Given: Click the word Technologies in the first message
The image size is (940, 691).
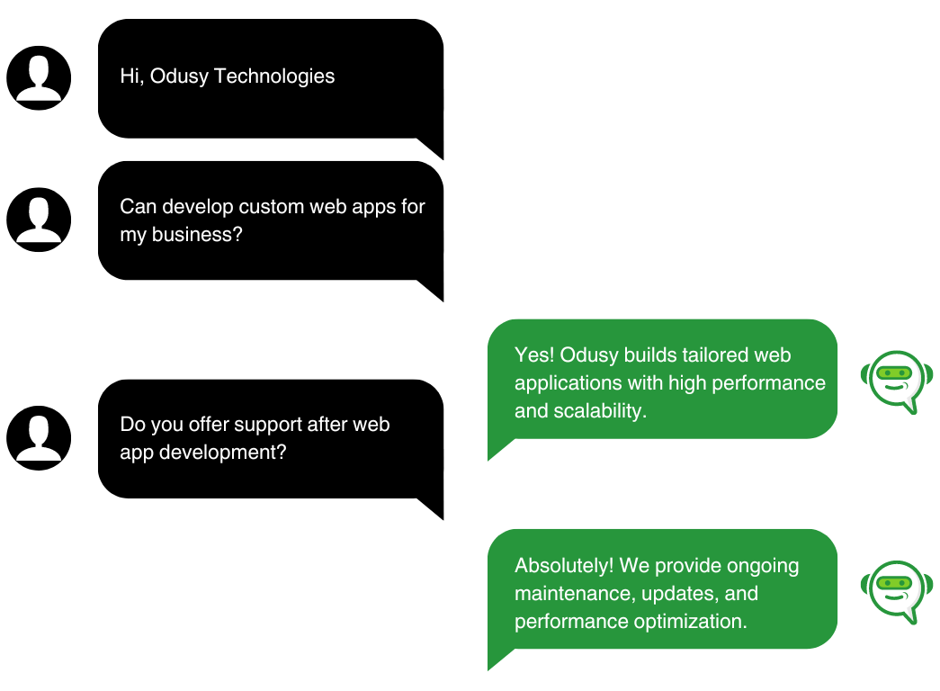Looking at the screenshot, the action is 274,76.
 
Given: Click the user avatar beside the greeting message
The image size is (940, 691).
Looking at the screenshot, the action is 39,78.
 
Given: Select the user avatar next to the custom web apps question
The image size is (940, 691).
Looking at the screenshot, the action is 39,220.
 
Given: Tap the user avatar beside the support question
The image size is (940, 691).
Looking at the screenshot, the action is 39,438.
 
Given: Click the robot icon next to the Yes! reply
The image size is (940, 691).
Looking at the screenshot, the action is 896,381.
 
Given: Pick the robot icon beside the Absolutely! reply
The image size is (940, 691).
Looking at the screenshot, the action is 896,592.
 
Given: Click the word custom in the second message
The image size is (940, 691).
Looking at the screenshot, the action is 271,207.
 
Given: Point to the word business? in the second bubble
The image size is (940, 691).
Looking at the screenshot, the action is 197,234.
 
